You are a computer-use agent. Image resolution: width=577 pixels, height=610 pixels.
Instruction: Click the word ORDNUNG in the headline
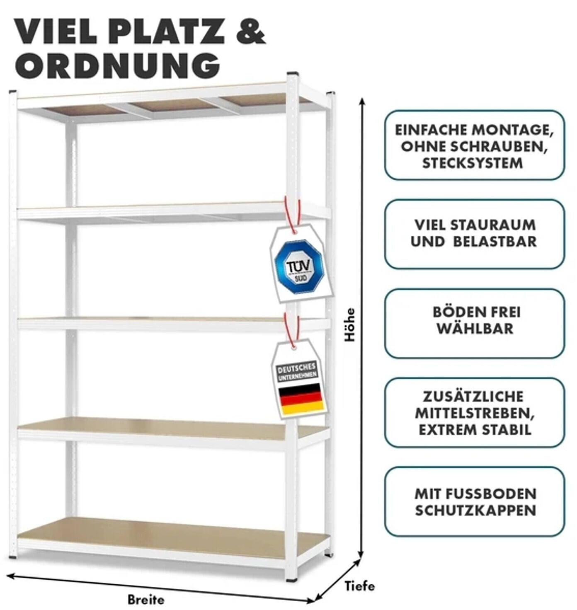point(117,65)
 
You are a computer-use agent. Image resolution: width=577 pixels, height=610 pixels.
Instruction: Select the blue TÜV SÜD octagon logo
point(298,266)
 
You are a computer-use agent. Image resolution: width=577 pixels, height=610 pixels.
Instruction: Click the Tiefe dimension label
point(359,586)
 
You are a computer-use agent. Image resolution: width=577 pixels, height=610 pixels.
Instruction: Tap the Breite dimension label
point(145,599)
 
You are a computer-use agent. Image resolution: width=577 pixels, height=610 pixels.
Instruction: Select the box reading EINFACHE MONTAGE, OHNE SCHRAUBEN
point(474,145)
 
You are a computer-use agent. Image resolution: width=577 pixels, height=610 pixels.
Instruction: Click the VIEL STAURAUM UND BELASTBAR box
point(474,234)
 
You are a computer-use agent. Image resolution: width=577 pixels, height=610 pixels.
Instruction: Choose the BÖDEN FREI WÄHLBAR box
point(474,323)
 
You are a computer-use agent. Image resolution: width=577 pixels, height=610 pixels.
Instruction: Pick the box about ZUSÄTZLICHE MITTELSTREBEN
point(474,412)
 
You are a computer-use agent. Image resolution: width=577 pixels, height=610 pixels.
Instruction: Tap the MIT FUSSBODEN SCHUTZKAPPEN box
point(474,501)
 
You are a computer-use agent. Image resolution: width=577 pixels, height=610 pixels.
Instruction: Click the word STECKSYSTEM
point(473,163)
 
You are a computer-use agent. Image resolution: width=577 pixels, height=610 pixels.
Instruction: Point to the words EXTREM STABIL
point(475,429)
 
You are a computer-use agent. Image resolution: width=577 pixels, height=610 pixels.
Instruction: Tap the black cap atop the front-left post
point(12,92)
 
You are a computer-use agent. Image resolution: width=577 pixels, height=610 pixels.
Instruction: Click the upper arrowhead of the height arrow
point(362,102)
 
